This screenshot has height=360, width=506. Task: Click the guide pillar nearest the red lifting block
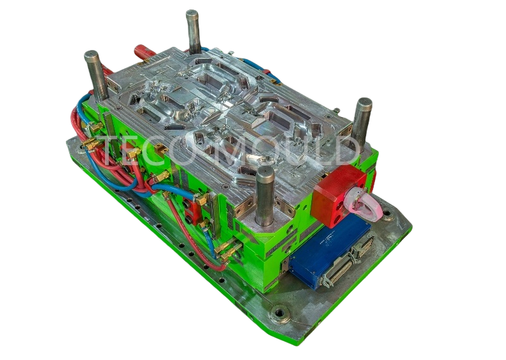[x=265, y=196]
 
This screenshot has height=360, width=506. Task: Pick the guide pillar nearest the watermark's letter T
[x=97, y=76]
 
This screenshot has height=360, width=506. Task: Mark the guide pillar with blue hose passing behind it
[x=194, y=32]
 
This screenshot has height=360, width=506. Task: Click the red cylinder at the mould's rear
[x=145, y=53]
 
